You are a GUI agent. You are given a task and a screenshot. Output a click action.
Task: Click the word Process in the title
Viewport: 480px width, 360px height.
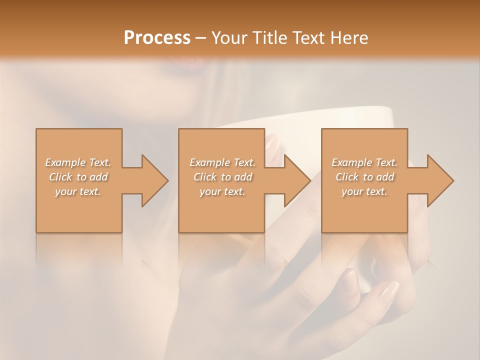(x=157, y=38)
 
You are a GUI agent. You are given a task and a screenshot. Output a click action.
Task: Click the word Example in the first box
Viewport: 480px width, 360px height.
(x=64, y=162)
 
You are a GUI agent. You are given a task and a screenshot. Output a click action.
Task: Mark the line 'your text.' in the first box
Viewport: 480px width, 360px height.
(x=78, y=191)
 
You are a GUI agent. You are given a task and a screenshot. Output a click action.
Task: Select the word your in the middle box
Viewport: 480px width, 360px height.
(x=210, y=191)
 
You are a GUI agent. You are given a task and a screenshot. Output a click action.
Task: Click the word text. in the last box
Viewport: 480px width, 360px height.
(x=377, y=191)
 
